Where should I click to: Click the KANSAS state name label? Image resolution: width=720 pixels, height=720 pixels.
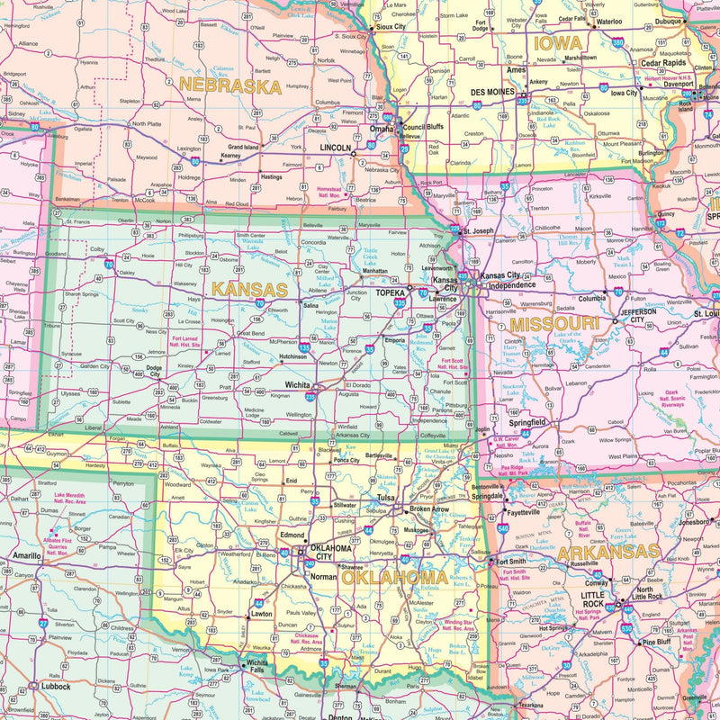click(x=250, y=291)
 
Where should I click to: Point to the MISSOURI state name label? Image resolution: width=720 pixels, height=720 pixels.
click(x=553, y=323)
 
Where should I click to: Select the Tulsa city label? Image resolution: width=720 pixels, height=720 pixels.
click(x=386, y=497)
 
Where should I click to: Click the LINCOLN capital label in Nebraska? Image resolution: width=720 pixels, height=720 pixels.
click(x=336, y=147)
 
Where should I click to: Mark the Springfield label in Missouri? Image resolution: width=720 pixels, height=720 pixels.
click(x=528, y=421)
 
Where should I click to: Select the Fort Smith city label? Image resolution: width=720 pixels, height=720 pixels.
click(x=512, y=562)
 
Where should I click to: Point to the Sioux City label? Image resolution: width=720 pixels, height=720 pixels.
click(x=391, y=27)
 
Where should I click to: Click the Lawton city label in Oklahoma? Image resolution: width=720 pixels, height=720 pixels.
click(x=261, y=614)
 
